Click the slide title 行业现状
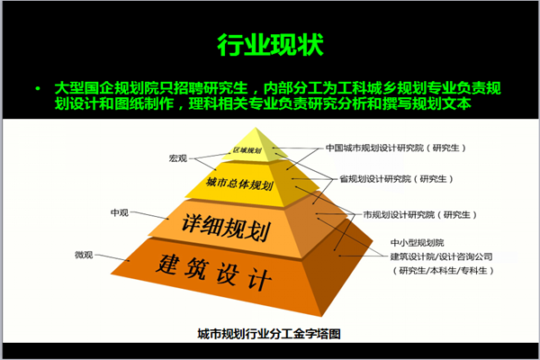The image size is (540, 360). coord(270,45)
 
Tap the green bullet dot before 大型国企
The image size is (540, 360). coord(38,89)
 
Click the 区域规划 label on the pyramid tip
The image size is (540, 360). coord(247,150)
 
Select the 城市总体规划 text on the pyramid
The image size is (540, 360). coord(239,184)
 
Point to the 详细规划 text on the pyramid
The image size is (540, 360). coord(226,227)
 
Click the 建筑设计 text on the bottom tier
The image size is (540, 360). coord(214,272)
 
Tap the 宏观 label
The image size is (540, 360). coord(177,158)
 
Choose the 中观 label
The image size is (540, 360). coord(120,212)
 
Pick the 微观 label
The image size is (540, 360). coord(84,255)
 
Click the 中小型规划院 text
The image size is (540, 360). coord(417,243)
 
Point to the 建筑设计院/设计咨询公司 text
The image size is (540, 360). coord(441,256)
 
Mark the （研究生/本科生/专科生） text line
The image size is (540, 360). coord(443,271)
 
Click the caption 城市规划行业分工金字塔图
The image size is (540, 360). coord(269,334)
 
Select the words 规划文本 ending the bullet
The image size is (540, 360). coord(441,103)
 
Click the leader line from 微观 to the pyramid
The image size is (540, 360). coord(112,257)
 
